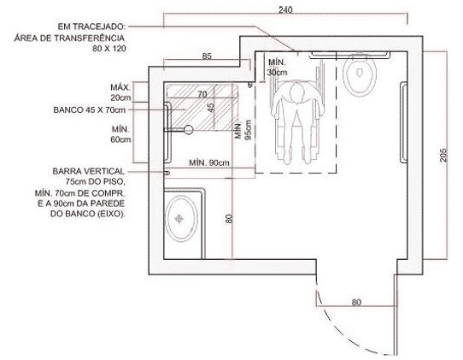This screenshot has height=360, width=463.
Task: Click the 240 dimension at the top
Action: [x=285, y=9]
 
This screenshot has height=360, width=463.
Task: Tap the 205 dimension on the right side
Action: [x=443, y=155]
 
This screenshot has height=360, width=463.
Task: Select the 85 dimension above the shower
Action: [x=207, y=56]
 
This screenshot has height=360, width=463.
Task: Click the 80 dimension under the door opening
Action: [x=356, y=303]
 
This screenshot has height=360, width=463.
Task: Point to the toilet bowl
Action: [x=360, y=75]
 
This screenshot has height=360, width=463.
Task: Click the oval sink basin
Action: [x=181, y=219]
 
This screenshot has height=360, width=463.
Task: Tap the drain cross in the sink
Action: [x=179, y=219]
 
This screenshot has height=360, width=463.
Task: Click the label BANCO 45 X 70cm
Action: [x=90, y=110]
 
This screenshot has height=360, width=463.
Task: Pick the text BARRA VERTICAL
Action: [x=89, y=171]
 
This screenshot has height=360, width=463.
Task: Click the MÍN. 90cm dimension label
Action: [x=209, y=162]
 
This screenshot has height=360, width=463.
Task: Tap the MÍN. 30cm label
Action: [x=277, y=68]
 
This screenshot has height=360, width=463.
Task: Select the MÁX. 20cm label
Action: [x=120, y=92]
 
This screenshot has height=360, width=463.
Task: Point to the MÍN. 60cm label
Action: [x=120, y=134]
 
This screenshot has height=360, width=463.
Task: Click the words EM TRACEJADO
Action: [x=91, y=27]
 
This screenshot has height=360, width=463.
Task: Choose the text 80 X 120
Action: [x=109, y=49]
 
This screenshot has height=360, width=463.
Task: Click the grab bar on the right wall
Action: [x=403, y=122]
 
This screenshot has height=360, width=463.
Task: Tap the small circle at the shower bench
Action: [x=188, y=129]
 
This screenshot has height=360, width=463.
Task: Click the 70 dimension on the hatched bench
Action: [x=202, y=94]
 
